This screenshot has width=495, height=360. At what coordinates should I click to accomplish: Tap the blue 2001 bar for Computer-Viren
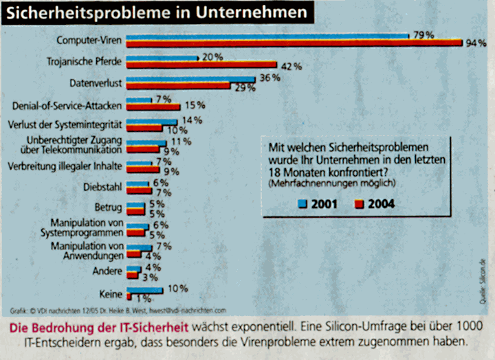(268, 35)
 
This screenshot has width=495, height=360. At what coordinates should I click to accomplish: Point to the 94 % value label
(476, 43)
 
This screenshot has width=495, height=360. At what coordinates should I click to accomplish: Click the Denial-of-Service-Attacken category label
(67, 106)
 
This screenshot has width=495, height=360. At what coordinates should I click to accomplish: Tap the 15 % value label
(195, 107)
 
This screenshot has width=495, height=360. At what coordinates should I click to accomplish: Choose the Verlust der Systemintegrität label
(64, 125)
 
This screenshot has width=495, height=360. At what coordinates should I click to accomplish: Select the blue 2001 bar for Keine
(145, 290)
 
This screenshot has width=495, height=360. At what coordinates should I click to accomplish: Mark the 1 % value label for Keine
(143, 298)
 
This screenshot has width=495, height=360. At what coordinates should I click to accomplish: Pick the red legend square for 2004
(360, 204)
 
